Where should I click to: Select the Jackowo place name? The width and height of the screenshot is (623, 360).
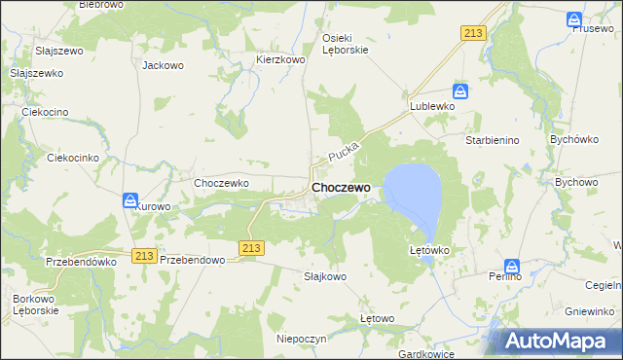tap(163, 66)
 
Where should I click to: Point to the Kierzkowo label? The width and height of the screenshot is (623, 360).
tap(281, 59)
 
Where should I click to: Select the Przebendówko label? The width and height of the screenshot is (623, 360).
tap(81, 261)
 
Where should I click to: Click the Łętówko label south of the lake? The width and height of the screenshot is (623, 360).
tap(429, 250)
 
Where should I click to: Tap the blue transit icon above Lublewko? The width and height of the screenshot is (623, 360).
tap(461, 92)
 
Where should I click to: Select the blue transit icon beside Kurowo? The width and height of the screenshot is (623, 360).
tap(130, 200)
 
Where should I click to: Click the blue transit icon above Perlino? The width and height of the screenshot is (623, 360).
tap(512, 266)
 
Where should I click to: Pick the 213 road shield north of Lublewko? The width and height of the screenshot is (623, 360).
tap(473, 33)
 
